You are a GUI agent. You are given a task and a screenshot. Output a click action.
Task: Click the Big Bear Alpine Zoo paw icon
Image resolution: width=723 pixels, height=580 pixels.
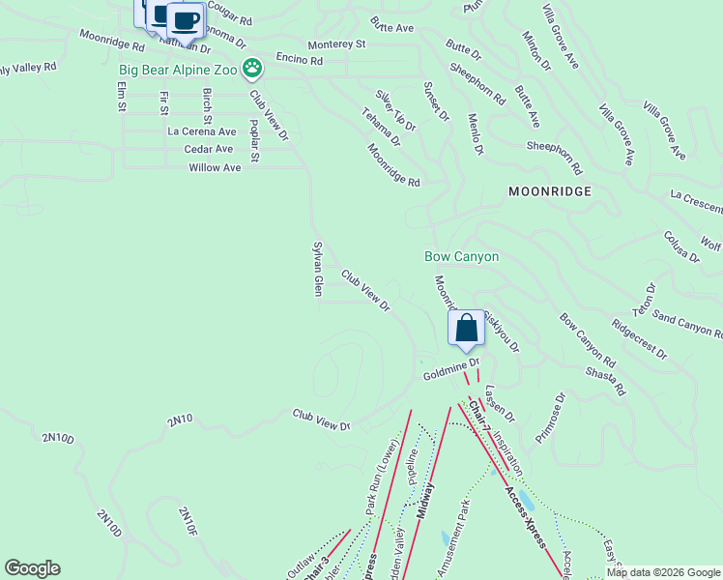(x=252, y=68)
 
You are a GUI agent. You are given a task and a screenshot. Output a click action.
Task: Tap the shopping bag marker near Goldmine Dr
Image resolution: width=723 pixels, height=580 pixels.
(x=466, y=329)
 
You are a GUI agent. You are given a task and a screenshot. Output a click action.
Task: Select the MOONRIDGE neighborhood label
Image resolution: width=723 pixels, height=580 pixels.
(x=550, y=192)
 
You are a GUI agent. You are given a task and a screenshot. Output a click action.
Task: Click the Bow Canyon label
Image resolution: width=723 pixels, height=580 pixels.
(x=462, y=256)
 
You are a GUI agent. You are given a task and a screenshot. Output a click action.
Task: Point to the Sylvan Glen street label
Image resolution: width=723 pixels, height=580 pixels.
(x=316, y=269)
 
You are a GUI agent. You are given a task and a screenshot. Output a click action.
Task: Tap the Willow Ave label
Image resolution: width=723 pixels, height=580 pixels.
(x=215, y=167)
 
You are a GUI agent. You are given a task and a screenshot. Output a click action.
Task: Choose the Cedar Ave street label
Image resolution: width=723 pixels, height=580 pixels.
(x=209, y=149)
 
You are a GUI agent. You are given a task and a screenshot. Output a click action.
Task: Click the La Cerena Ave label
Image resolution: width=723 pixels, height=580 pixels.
(x=202, y=131)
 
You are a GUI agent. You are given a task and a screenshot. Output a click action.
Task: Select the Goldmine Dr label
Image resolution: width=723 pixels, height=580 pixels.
(x=450, y=368)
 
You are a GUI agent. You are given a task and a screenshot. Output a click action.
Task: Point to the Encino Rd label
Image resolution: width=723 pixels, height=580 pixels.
(x=299, y=60)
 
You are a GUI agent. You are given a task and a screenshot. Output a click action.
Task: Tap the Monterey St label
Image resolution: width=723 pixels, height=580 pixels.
(x=336, y=44)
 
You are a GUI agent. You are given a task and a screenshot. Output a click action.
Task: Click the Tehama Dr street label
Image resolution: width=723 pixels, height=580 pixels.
(x=382, y=127)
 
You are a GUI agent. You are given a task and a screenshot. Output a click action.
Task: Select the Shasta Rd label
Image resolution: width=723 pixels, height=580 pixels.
(x=606, y=379)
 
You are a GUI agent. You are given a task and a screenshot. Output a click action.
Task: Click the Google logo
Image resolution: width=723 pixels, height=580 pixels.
(x=32, y=568)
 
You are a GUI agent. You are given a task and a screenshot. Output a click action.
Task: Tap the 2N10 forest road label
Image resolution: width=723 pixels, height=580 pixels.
(x=180, y=420)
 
